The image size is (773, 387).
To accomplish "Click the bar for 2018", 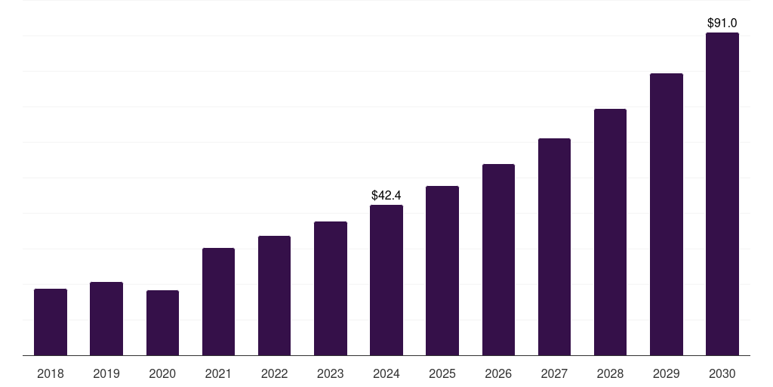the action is pyautogui.click(x=51, y=322).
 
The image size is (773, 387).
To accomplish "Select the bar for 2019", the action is pyautogui.click(x=106, y=318).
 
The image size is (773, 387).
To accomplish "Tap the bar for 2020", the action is pyautogui.click(x=162, y=323).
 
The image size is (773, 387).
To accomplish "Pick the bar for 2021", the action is pyautogui.click(x=218, y=302).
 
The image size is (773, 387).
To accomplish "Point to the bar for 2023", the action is pyautogui.click(x=331, y=288).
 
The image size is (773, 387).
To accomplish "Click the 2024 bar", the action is pyautogui.click(x=386, y=280).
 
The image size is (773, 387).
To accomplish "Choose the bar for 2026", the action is pyautogui.click(x=498, y=260).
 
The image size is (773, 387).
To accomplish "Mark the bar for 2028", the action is pyautogui.click(x=610, y=232).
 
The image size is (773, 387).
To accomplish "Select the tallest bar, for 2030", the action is pyautogui.click(x=722, y=194).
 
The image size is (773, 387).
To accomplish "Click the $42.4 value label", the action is pyautogui.click(x=386, y=196).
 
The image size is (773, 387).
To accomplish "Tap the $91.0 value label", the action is pyautogui.click(x=722, y=23).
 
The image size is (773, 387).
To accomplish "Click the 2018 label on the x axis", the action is pyautogui.click(x=51, y=373).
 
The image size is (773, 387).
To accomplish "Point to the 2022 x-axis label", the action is pyautogui.click(x=274, y=373).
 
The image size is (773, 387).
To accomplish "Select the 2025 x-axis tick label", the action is pyautogui.click(x=442, y=373).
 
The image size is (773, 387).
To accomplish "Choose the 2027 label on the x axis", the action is pyautogui.click(x=554, y=373).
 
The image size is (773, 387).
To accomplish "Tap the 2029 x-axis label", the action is pyautogui.click(x=666, y=373).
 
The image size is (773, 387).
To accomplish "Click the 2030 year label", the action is pyautogui.click(x=722, y=373).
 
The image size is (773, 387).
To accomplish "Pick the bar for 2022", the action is pyautogui.click(x=274, y=296).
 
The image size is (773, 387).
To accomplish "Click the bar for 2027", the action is pyautogui.click(x=554, y=247).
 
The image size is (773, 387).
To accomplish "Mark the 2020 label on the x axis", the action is pyautogui.click(x=162, y=373).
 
